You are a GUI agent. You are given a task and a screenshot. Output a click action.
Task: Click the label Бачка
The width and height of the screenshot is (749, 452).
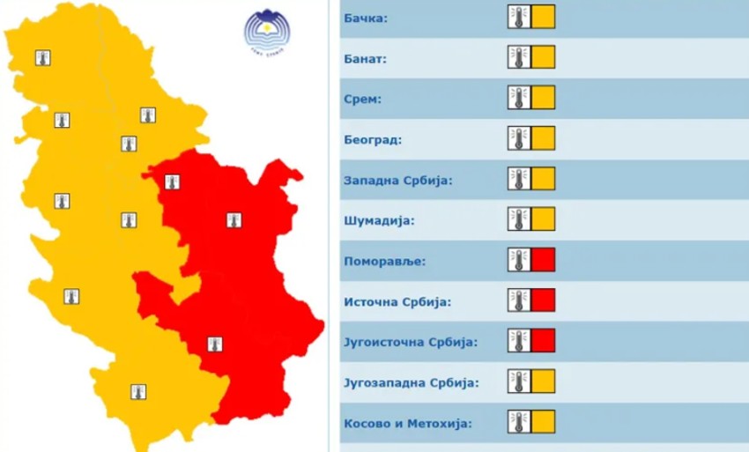pos(367,18)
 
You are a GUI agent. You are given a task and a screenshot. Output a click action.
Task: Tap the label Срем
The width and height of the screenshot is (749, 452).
pos(362,99)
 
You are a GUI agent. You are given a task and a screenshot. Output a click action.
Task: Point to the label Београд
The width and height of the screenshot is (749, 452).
pos(372,139)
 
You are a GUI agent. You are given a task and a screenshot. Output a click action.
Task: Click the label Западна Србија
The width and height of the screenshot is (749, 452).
pos(397,181)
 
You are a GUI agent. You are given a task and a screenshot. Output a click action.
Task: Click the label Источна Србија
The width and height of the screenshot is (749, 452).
pos(397,302)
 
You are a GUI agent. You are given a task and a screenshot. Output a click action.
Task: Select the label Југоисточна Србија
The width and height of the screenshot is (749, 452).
pos(410,342)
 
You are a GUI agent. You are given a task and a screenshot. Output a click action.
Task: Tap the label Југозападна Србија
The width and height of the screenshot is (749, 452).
pos(412,382)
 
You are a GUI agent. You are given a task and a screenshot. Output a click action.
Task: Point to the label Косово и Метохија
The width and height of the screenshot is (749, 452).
pos(406,423)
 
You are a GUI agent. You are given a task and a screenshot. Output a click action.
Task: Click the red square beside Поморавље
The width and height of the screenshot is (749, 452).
pos(544,260)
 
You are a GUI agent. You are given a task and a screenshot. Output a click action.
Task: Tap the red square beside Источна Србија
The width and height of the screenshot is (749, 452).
pos(544,300)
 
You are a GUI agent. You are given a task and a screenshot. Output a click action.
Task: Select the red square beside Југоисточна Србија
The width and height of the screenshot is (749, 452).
pos(544,340)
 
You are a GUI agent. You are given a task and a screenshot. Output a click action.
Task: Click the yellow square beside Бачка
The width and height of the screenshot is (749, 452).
pos(544,17)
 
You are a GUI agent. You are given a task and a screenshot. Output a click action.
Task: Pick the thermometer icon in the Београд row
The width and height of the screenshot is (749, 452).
pos(519,138)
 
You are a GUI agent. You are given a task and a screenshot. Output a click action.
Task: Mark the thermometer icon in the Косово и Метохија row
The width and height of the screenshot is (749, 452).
pos(519,421)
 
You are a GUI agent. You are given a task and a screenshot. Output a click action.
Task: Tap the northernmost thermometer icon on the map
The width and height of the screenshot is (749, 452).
pos(42,58)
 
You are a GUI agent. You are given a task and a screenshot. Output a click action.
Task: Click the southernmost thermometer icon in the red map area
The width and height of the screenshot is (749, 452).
pos(213,344)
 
